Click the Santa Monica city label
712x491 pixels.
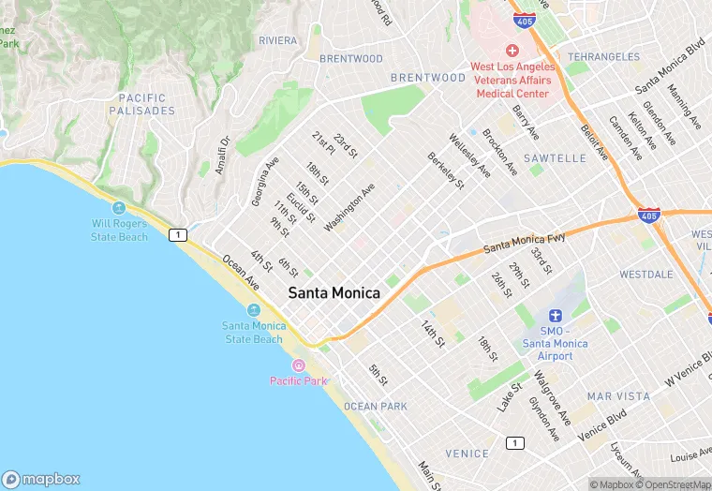pyautogui.click(x=334, y=293)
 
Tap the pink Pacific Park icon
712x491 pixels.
pyautogui.click(x=299, y=365)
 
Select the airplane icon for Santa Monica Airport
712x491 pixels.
pyautogui.click(x=556, y=318)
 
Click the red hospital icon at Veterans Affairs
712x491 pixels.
pyautogui.click(x=512, y=50)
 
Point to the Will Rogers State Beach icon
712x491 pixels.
pyautogui.click(x=119, y=208)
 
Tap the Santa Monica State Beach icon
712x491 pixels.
pyautogui.click(x=254, y=310)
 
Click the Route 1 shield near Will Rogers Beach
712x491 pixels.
pyautogui.click(x=176, y=234)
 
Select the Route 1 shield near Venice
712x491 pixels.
pyautogui.click(x=513, y=442)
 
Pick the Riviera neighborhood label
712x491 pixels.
pyautogui.click(x=277, y=40)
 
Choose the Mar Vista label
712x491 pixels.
pyautogui.click(x=618, y=396)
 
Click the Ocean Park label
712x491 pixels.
pyautogui.click(x=375, y=406)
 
